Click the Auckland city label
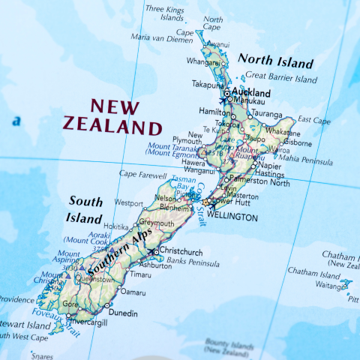(251, 93)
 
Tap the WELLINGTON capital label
(232, 217)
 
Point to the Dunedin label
(123, 313)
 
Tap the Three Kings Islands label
(164, 13)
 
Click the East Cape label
(313, 119)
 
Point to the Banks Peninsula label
(193, 263)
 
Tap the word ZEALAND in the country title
(112, 125)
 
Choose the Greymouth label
(156, 223)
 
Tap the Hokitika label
(116, 226)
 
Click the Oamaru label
(133, 291)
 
